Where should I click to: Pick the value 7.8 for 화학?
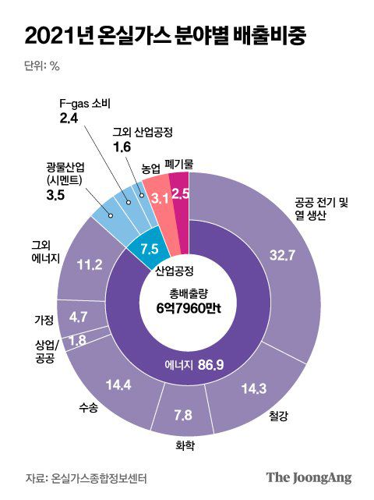coord(183,415)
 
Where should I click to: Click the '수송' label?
coord(88,411)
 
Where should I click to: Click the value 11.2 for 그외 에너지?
coord(90,265)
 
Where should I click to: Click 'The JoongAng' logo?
coord(309,477)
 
